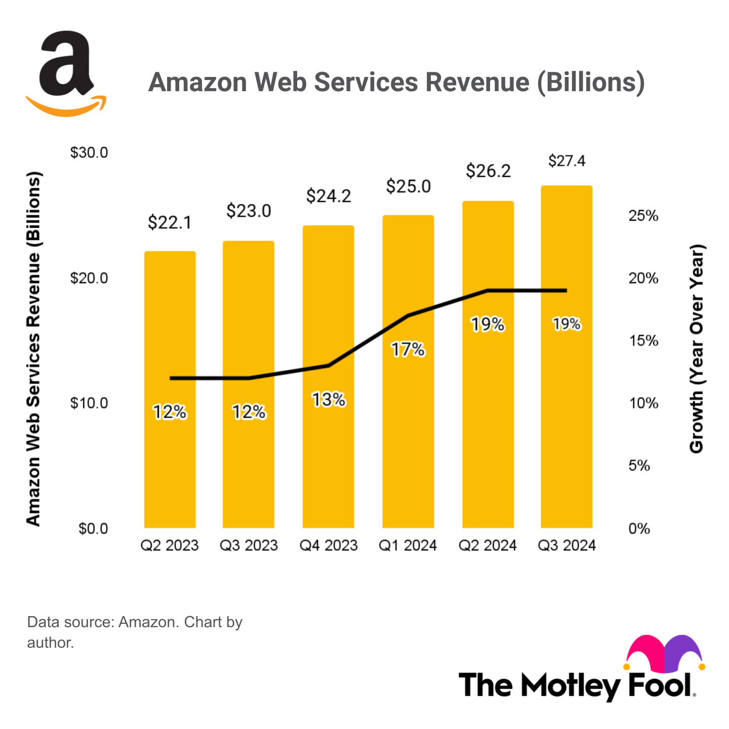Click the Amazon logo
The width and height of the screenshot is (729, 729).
(x=66, y=73)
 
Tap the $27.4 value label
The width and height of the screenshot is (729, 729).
(x=566, y=161)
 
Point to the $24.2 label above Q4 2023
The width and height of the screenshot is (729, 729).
(x=328, y=196)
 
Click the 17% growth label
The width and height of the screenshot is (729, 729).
(x=408, y=349)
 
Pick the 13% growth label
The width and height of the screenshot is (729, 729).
(x=328, y=400)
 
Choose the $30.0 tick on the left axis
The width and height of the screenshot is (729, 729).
(x=89, y=152)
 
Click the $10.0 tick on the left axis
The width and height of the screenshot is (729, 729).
(x=89, y=403)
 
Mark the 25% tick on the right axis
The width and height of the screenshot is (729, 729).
(x=643, y=216)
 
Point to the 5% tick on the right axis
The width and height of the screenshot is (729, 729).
(x=639, y=466)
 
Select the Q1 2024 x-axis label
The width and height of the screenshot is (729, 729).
(x=408, y=545)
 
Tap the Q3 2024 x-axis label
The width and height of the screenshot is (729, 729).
(x=566, y=545)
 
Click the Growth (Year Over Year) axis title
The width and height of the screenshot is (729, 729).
(x=697, y=349)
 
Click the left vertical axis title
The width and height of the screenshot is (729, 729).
(x=33, y=349)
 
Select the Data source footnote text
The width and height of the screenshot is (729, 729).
(x=135, y=632)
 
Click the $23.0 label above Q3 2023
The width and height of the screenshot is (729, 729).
(x=249, y=211)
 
